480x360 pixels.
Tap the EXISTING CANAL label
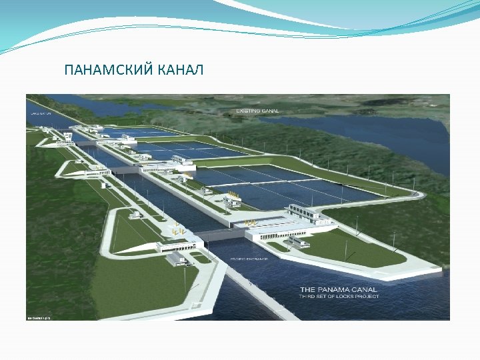coord(257,111)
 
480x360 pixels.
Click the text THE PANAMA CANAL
coord(339,289)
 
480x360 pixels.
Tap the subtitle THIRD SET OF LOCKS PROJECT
coord(339,297)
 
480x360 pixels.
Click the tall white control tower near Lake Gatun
coord(68,137)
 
